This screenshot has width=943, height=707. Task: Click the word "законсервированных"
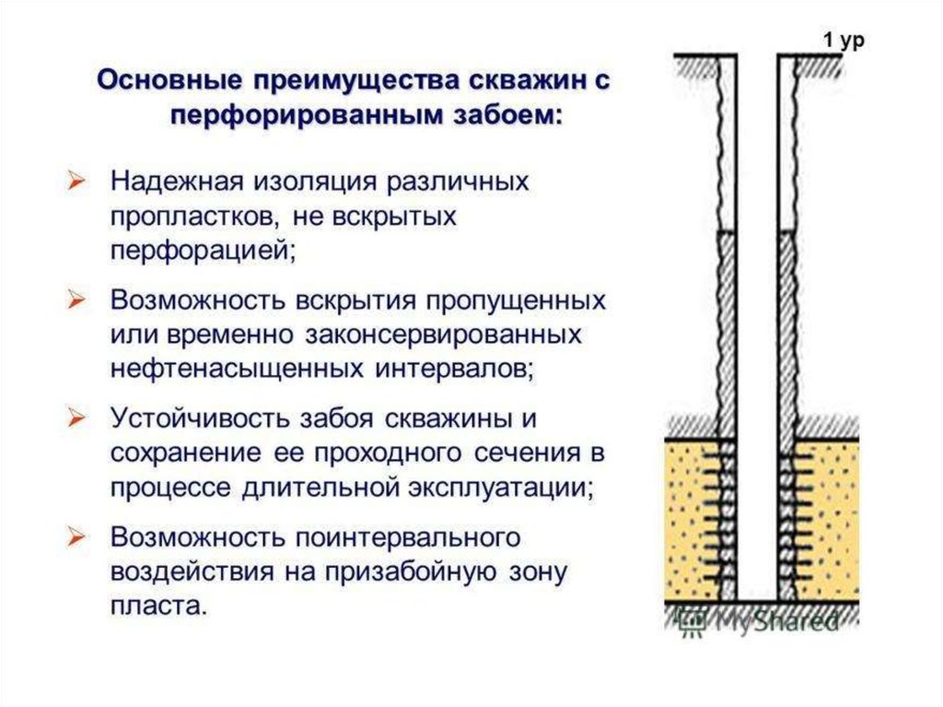443,335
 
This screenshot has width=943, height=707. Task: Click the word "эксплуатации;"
502,488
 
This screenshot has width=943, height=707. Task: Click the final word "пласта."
158,606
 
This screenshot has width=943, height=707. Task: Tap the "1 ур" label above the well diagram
844,41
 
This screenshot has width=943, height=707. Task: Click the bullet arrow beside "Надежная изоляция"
77,182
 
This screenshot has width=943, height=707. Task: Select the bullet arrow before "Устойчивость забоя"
77,418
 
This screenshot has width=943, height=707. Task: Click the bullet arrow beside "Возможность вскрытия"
77,300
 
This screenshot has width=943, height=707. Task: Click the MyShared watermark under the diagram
759,620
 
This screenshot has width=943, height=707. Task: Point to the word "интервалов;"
455,369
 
